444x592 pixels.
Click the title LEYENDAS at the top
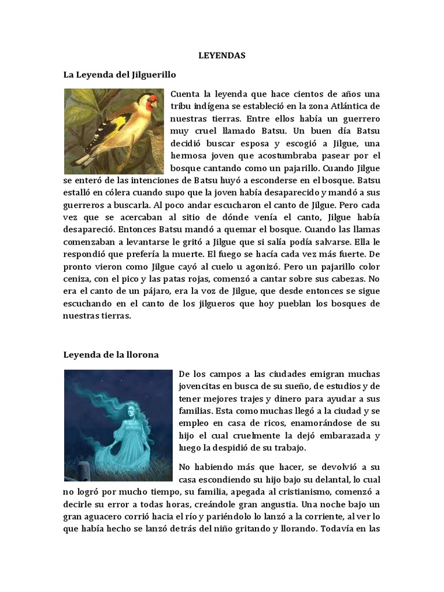pyautogui.click(x=222, y=56)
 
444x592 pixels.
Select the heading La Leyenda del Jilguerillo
pyautogui.click(x=119, y=75)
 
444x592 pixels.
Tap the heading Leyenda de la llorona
pyautogui.click(x=110, y=354)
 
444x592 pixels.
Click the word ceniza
pyautogui.click(x=77, y=280)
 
